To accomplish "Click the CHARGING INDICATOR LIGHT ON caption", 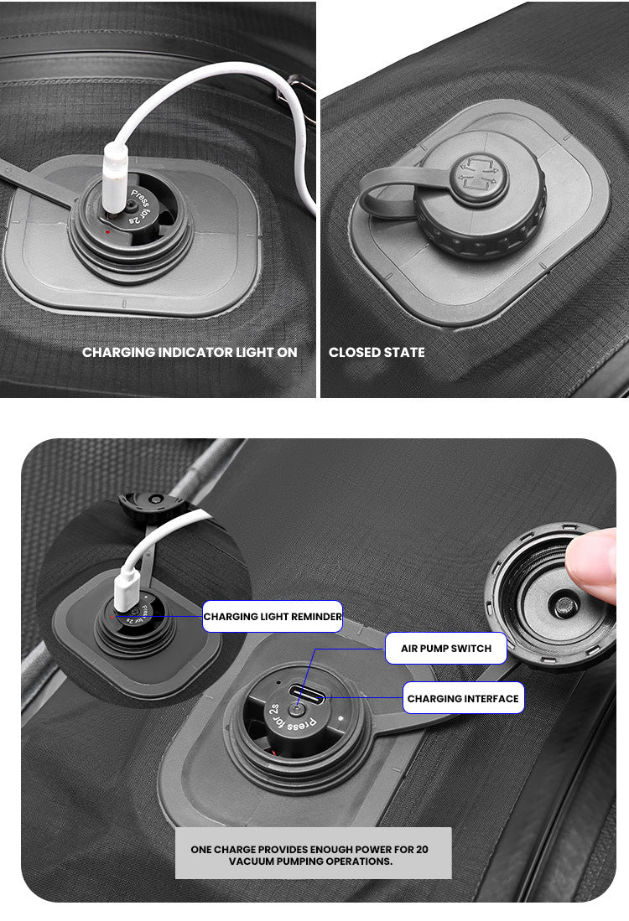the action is pos(190,353).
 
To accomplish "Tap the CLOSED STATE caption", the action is pos(377,353).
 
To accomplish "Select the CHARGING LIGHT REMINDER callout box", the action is pos(273,616).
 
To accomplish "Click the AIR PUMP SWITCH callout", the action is pos(446,649).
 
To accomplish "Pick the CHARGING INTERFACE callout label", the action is pos(463,698).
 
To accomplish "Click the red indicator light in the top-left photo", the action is pos(107,232).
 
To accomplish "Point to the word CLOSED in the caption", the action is pos(352,353).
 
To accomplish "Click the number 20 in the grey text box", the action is pos(422,849).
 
